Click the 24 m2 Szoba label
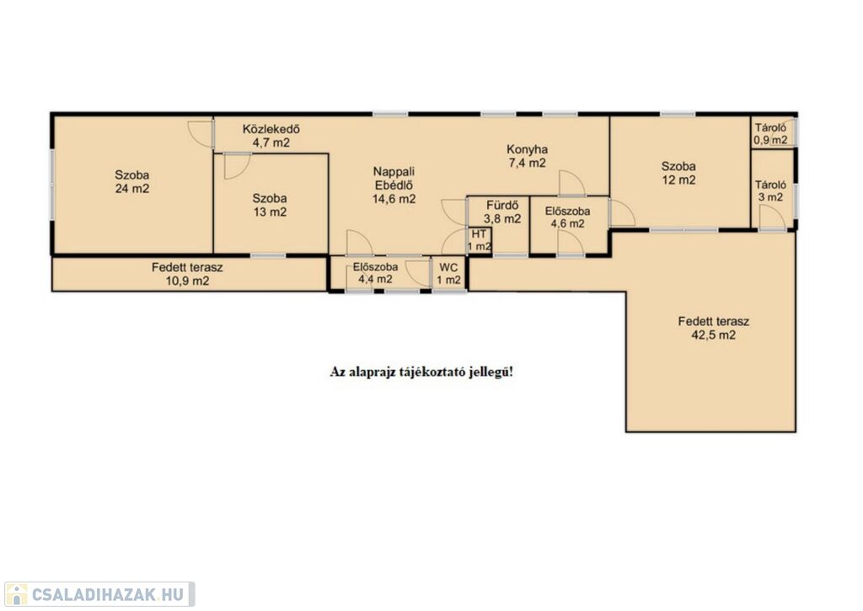click(x=132, y=182)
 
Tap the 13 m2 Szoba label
click(x=270, y=206)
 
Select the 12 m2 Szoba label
click(x=678, y=173)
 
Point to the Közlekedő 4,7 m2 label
click(x=271, y=136)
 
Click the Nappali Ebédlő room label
click(x=394, y=185)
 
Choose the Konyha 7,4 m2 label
click(x=528, y=156)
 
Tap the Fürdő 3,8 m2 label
click(x=502, y=212)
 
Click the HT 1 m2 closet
click(x=480, y=240)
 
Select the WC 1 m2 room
click(x=448, y=274)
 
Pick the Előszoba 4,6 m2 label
click(x=568, y=217)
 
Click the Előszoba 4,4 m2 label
click(x=375, y=273)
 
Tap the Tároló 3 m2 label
click(x=770, y=191)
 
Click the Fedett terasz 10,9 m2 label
click(x=187, y=274)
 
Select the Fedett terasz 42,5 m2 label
click(x=713, y=328)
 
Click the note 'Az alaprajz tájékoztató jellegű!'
click(x=421, y=372)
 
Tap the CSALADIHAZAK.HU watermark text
click(x=107, y=594)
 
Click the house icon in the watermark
click(x=16, y=594)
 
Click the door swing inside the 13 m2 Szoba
click(x=238, y=166)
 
